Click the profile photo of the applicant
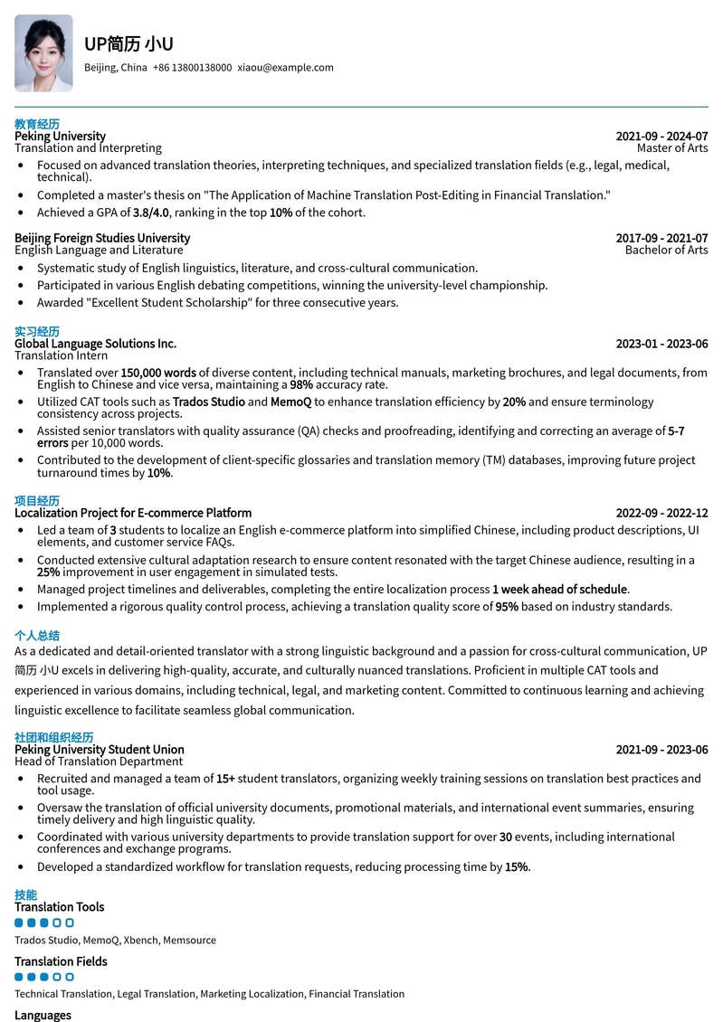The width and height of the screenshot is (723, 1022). [x=43, y=53]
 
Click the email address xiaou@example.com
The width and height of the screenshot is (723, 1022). [x=285, y=68]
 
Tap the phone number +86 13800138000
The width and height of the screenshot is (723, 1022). [x=192, y=68]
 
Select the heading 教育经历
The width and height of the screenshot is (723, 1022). [x=37, y=124]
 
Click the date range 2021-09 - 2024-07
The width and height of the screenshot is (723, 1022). [x=661, y=137]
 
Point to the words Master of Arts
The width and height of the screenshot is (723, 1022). [x=671, y=148]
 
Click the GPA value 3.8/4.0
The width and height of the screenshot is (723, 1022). [x=150, y=213]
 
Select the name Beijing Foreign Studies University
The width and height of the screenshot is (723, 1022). [x=102, y=239]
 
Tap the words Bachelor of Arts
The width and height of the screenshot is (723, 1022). [x=666, y=251]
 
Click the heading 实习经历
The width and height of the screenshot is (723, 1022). [x=37, y=332]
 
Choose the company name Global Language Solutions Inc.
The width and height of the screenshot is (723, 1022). [x=95, y=344]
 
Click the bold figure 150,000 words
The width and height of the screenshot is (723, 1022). [x=158, y=373]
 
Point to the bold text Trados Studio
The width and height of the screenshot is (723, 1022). [x=209, y=402]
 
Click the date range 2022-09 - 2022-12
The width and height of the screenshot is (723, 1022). [x=661, y=513]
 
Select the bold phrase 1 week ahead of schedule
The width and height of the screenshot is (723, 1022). [x=559, y=589]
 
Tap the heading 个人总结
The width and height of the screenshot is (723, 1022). [x=37, y=636]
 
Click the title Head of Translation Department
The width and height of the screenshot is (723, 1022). [x=99, y=762]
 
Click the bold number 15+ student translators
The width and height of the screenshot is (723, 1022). [x=225, y=779]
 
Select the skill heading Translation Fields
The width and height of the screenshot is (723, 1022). [x=61, y=961]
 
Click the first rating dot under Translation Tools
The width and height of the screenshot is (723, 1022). [x=19, y=923]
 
